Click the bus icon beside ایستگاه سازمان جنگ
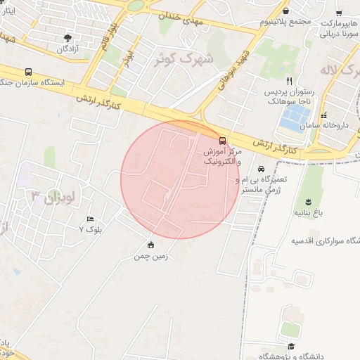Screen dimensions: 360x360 pos(28,72)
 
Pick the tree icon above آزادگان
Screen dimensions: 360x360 pos(67,38)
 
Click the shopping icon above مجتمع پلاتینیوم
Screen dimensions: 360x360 pos(286,11)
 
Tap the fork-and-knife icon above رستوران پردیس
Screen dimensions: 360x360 pos(290,81)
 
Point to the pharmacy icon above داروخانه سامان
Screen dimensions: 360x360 pos(323,115)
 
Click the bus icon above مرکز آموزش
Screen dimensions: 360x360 pos(223,141)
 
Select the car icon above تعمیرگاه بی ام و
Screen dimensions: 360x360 pos(261,169)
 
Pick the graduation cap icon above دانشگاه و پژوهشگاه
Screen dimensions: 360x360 pos(291,346)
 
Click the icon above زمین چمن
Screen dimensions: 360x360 pos(151,245)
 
